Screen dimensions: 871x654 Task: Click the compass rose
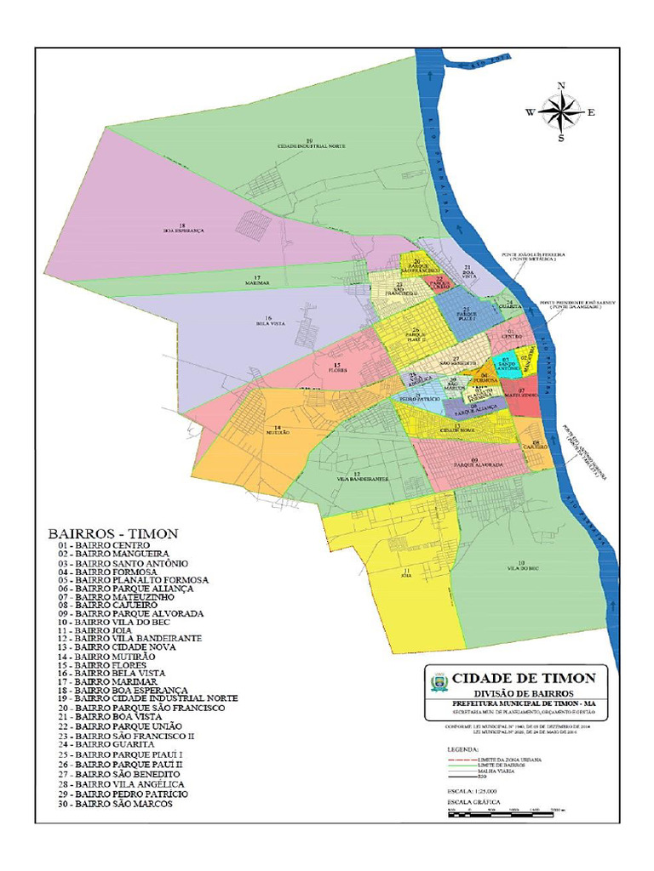pyautogui.click(x=560, y=111)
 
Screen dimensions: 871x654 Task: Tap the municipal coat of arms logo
pyautogui.click(x=439, y=681)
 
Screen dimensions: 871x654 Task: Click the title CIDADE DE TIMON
pyautogui.click(x=524, y=678)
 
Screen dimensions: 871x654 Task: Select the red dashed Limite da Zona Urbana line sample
pyautogui.click(x=461, y=758)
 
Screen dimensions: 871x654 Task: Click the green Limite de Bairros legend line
pyautogui.click(x=461, y=765)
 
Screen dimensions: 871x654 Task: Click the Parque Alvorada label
pyautogui.click(x=479, y=464)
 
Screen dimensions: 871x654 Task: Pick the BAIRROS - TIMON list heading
pyautogui.click(x=112, y=533)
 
